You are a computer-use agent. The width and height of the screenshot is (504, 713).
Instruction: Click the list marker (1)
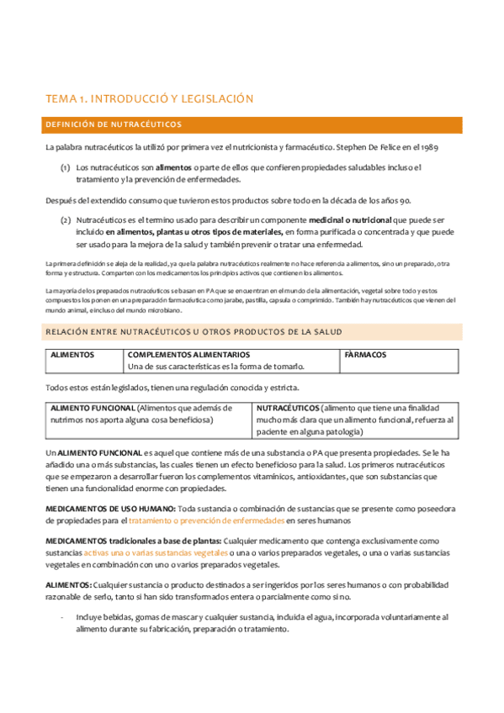click(x=65, y=167)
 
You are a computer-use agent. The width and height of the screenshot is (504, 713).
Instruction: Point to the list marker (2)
click(x=65, y=219)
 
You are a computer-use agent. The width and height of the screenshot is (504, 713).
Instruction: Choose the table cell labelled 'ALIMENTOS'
click(x=72, y=355)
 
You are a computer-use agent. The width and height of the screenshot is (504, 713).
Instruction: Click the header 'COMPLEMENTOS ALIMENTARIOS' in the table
click(x=188, y=355)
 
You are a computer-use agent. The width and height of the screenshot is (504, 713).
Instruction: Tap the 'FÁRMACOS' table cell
click(x=365, y=355)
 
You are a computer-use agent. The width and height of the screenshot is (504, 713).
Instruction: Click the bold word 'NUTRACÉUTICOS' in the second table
click(x=287, y=407)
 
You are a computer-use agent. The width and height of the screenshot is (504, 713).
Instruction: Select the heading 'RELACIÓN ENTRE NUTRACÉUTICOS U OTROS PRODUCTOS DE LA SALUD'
click(x=194, y=332)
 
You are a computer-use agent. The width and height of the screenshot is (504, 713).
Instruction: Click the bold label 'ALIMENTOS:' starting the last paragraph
click(x=68, y=584)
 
